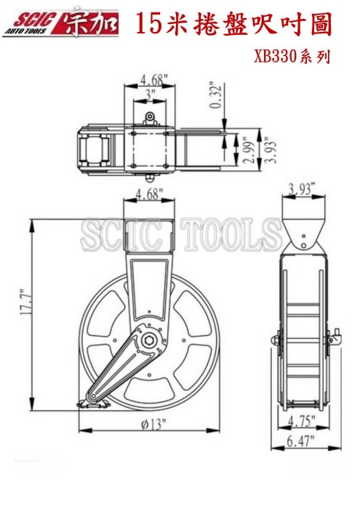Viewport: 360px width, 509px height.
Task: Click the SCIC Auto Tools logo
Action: tap(60, 23)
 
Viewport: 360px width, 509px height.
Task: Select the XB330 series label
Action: tap(292, 57)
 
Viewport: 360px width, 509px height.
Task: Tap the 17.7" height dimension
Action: tap(26, 302)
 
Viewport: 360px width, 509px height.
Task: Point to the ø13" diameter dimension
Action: tap(153, 424)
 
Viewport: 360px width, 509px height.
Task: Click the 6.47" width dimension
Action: tap(300, 441)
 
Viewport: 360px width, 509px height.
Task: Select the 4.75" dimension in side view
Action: tap(302, 421)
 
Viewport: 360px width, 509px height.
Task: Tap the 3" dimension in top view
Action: tap(150, 95)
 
